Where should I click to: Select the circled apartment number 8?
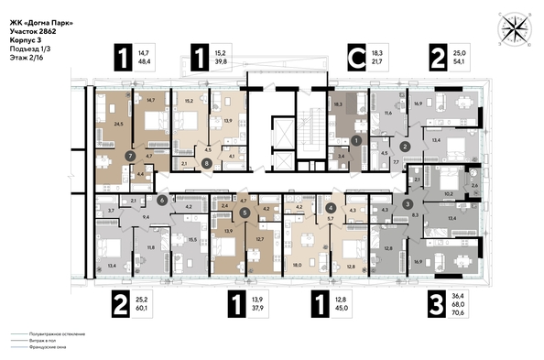click(207, 164)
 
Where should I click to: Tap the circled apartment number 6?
click(162, 199)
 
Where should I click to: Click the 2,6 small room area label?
click(473, 186)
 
